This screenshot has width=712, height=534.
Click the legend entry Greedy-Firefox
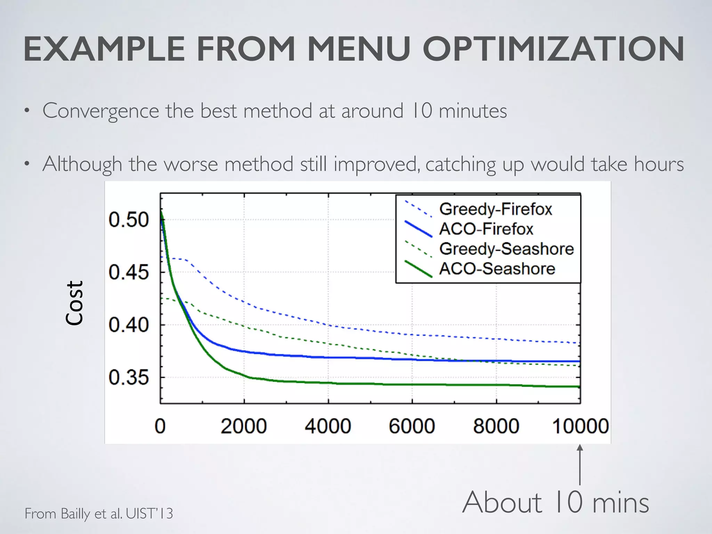tap(495, 209)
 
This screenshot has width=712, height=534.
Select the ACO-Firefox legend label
tap(486, 229)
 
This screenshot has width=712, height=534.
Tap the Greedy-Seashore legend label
tap(506, 249)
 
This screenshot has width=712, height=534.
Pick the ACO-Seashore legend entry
tap(497, 269)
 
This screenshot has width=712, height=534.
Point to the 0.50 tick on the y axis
tap(129, 220)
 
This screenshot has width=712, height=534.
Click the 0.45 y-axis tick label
tap(129, 272)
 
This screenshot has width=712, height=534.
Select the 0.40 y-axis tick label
tap(129, 325)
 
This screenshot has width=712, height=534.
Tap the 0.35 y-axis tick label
tap(129, 378)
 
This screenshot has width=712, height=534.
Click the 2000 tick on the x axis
tap(244, 426)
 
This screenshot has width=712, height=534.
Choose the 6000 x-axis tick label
tap(412, 426)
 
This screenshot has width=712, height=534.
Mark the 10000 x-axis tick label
tap(580, 426)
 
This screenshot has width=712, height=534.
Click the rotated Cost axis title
tap(75, 303)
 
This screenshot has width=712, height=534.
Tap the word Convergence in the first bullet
tap(101, 111)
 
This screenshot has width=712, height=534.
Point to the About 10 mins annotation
tap(556, 502)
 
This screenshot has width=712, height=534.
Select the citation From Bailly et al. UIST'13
tap(99, 513)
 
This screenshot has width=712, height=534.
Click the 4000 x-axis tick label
tap(328, 426)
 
